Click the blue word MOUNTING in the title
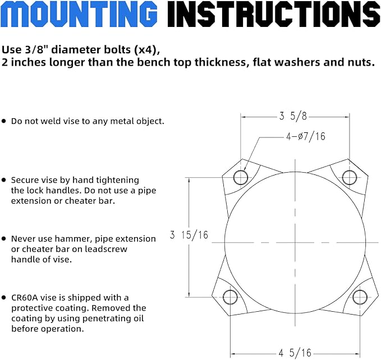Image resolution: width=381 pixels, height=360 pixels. [79, 13]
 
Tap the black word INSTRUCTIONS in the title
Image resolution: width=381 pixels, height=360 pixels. [274, 13]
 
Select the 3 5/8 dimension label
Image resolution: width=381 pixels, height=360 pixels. [293, 116]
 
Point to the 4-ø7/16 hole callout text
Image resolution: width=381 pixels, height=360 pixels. [306, 136]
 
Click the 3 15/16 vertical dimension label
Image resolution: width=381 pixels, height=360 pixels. [189, 235]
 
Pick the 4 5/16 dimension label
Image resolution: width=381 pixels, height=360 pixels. [295, 353]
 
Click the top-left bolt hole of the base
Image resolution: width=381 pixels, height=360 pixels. [241, 177]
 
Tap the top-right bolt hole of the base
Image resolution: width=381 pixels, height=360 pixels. [350, 177]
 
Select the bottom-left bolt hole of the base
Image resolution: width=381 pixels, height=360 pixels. [230, 297]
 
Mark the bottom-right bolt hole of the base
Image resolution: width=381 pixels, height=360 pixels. [360, 297]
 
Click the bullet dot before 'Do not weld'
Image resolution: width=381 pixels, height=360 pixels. [3, 121]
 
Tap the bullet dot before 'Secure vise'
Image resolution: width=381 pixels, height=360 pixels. [3, 180]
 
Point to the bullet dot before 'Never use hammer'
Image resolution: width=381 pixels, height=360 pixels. [3, 239]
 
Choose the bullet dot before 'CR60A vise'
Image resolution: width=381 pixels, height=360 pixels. [3, 297]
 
